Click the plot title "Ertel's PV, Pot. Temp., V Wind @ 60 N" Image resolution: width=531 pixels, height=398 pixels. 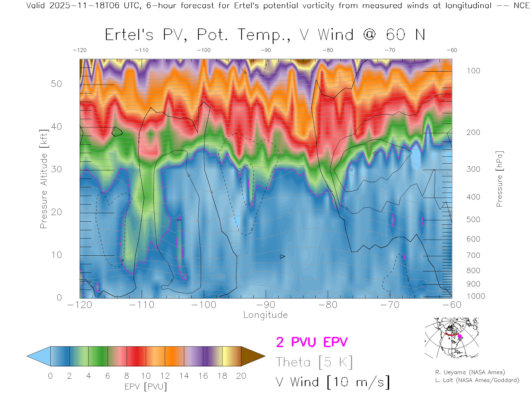pyautogui.click(x=265, y=35)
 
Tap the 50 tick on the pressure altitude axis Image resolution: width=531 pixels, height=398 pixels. pyautogui.click(x=56, y=84)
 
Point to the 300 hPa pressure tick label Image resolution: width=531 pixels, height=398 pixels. pyautogui.click(x=473, y=169)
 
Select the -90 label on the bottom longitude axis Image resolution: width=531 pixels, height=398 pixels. pyautogui.click(x=266, y=305)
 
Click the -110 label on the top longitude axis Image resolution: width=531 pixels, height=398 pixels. pyautogui.click(x=142, y=50)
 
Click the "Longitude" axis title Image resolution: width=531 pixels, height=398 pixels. pyautogui.click(x=265, y=315)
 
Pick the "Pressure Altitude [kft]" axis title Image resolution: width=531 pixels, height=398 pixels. pyautogui.click(x=44, y=179)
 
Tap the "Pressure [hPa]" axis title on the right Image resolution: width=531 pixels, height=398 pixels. pyautogui.click(x=499, y=179)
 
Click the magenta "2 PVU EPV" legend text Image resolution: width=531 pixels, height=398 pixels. pyautogui.click(x=312, y=342)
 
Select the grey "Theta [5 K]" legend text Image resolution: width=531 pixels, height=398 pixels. pyautogui.click(x=314, y=362)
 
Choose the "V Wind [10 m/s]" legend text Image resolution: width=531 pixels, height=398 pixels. pyautogui.click(x=333, y=382)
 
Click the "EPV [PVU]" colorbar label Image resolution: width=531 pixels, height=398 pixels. pyautogui.click(x=146, y=387)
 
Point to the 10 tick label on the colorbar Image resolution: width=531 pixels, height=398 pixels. pyautogui.click(x=146, y=376)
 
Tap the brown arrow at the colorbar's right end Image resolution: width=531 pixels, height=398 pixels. pyautogui.click(x=252, y=356)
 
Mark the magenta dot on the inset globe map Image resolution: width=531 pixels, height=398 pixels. pyautogui.click(x=460, y=336)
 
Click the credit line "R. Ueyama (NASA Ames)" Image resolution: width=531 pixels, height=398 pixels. pyautogui.click(x=470, y=372)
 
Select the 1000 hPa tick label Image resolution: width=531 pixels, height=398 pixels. pyautogui.click(x=476, y=296)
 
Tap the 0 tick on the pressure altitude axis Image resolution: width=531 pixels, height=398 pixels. pyautogui.click(x=59, y=297)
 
